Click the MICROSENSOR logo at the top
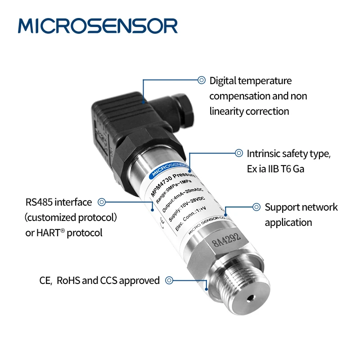pyautogui.click(x=98, y=26)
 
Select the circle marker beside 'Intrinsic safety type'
pyautogui.click(x=239, y=153)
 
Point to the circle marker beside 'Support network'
pyautogui.click(x=256, y=207)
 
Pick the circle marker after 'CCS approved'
pyautogui.click(x=169, y=280)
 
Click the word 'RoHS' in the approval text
pyautogui.click(x=68, y=281)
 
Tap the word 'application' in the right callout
pyautogui.click(x=288, y=222)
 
